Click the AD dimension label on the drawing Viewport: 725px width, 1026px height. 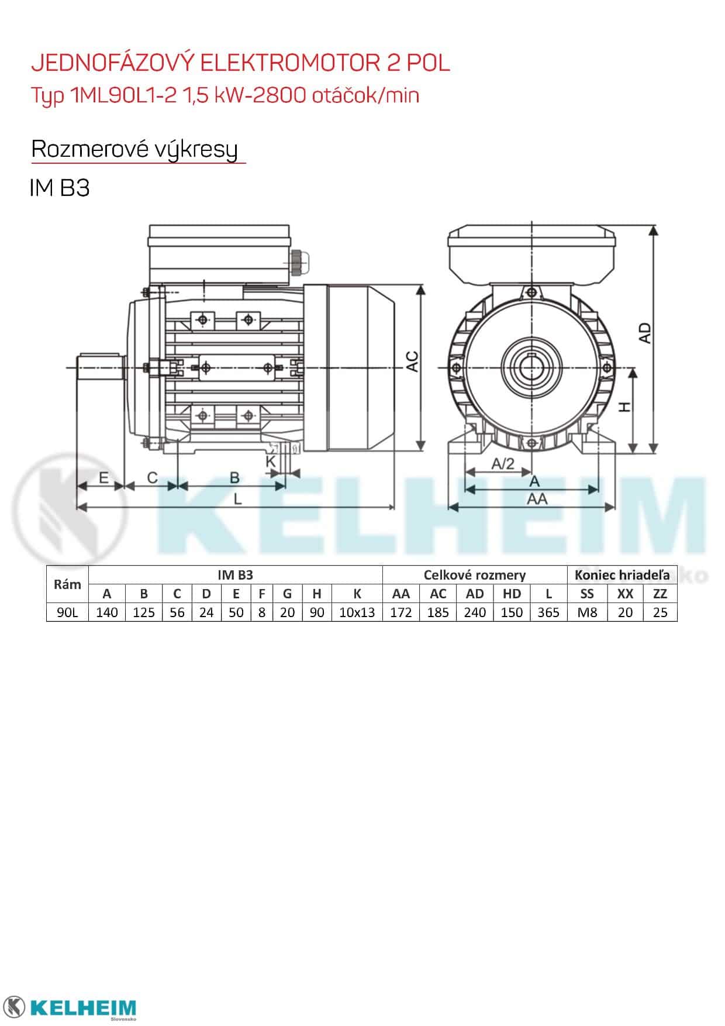(x=644, y=333)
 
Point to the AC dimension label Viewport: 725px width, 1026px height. (x=412, y=361)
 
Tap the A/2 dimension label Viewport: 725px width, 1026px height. (x=503, y=464)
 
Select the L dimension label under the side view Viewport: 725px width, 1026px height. (x=238, y=498)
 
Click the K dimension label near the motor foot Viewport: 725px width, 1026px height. (x=271, y=462)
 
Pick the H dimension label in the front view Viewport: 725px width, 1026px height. (x=624, y=407)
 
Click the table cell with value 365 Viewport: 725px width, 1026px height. (x=548, y=612)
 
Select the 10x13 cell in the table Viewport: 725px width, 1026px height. (x=357, y=612)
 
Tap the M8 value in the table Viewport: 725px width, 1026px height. (x=586, y=612)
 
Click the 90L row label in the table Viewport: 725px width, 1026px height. (x=67, y=612)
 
